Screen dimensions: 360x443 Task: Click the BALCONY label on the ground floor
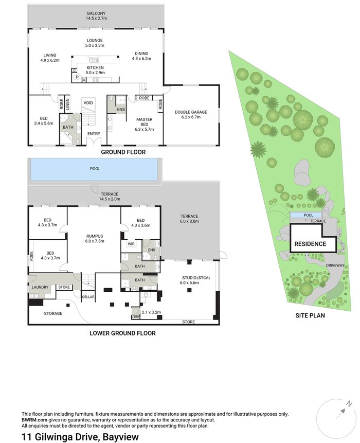(x=96, y=13)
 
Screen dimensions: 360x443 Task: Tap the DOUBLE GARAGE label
(x=191, y=112)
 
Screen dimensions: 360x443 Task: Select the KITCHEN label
(x=95, y=68)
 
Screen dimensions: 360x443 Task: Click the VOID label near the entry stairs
(x=88, y=103)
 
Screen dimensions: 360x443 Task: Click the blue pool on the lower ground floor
(x=94, y=169)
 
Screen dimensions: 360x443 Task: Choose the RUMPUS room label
(x=95, y=236)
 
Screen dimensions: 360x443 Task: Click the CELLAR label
(x=88, y=297)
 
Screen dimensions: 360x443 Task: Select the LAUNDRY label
(x=40, y=287)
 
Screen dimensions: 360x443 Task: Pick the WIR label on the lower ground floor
(x=131, y=244)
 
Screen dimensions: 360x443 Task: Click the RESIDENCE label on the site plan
(x=310, y=244)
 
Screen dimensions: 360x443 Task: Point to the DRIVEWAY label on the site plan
(x=335, y=265)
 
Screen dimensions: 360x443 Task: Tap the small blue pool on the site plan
(x=307, y=215)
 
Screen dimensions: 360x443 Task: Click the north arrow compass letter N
(x=349, y=404)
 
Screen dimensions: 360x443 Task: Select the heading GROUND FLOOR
(x=123, y=152)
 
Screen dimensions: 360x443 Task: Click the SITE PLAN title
(x=310, y=315)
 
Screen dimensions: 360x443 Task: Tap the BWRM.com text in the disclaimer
(x=34, y=420)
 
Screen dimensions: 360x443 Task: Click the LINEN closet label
(x=67, y=104)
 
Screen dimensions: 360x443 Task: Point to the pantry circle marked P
(x=77, y=77)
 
